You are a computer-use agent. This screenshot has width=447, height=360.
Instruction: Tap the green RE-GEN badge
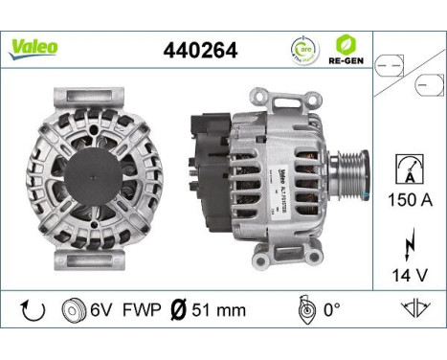(346, 49)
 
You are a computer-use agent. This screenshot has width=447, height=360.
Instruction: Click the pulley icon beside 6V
(71, 310)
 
